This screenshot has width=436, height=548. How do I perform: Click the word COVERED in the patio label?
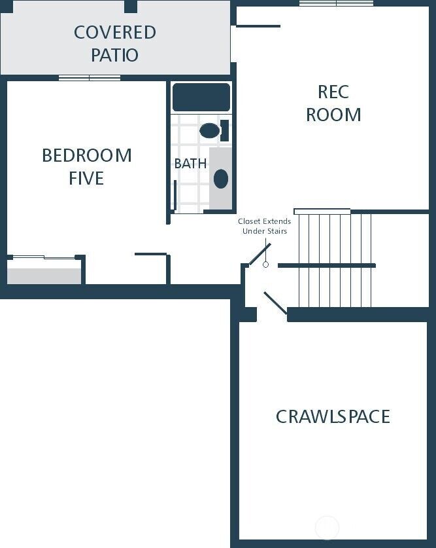pos(115,32)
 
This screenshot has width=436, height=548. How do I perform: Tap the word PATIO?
pos(115,55)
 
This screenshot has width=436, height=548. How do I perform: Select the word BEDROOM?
pos(86,156)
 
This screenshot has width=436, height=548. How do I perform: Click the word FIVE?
pos(86,178)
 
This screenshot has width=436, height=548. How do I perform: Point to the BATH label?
pos(190,164)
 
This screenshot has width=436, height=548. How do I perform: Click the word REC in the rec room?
pos(333,92)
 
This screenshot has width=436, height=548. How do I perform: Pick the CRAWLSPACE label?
pos(333,416)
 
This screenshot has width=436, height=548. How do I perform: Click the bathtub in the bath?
pos(201,97)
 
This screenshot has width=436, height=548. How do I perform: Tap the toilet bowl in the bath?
pos(209,130)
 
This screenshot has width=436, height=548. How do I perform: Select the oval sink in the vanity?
pos(221,179)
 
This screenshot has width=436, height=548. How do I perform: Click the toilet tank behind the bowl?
pos(224,130)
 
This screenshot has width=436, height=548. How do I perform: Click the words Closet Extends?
pos(264,221)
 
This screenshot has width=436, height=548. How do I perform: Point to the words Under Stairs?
pos(264,231)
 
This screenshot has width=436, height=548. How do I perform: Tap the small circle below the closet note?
pos(265,265)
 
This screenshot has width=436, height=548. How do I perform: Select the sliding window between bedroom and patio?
pos(90,78)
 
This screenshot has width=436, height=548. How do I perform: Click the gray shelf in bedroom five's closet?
pos(44,276)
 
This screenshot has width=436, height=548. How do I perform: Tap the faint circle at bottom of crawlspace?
pos(327,527)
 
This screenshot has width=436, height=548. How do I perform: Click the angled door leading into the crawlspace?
pos(275,306)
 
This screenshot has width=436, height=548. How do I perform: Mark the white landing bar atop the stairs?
pos(322,211)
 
